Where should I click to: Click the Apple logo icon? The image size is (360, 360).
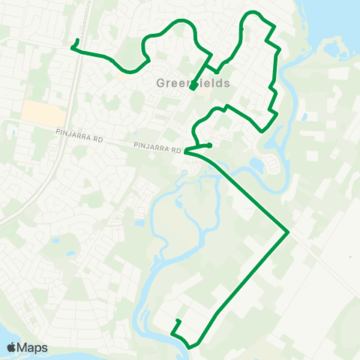11,347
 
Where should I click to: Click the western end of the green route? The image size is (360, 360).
73,47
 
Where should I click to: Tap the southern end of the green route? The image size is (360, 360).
178,321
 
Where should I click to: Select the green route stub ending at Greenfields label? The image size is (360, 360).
193,88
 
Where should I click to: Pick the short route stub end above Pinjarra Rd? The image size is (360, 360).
211,145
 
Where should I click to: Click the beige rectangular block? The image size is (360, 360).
40,112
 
